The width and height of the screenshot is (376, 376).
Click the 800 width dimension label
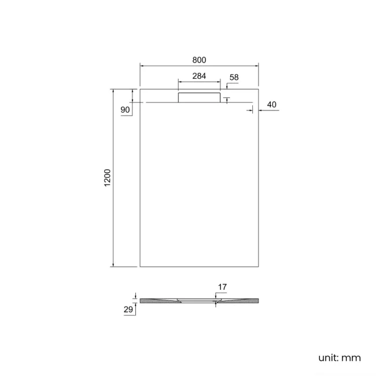[200, 60]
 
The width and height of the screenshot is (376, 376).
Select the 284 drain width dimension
[200, 76]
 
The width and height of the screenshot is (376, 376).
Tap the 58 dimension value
[234, 77]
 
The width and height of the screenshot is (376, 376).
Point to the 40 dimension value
[272, 105]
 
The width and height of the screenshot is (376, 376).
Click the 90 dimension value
[125, 110]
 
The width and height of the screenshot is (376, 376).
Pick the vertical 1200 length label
[107, 178]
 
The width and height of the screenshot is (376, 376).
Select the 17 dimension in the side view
[222, 287]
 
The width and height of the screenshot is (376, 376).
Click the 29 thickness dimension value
[128, 310]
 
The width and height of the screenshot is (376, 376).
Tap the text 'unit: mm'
[340, 357]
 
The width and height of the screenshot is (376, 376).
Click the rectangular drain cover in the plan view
[200, 97]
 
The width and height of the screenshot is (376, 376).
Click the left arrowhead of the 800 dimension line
[141, 66]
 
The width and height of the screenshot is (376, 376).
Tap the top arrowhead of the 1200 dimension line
[113, 91]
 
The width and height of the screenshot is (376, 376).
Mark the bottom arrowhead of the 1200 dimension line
[113, 266]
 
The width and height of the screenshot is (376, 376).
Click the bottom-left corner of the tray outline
[140, 267]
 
